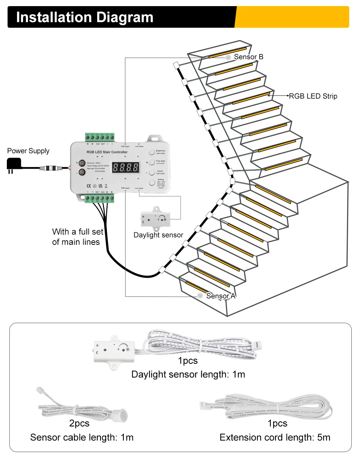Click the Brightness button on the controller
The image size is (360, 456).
(152, 152)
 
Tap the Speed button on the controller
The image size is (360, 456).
(152, 172)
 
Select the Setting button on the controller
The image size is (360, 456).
(152, 183)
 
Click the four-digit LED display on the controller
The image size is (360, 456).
(126, 167)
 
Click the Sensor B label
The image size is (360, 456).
(248, 57)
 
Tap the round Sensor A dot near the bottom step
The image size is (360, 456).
(200, 295)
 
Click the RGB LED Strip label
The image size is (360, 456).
(313, 96)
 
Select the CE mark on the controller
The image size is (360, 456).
(89, 186)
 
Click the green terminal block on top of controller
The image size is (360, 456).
(100, 137)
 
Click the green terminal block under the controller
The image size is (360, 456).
(99, 198)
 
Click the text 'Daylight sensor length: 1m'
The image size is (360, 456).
(188, 375)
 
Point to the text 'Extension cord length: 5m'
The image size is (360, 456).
(275, 438)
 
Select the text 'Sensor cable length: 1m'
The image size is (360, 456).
(82, 438)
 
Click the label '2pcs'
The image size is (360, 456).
(79, 423)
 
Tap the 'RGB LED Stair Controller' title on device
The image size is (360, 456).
(107, 152)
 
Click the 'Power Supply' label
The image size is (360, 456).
(28, 151)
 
